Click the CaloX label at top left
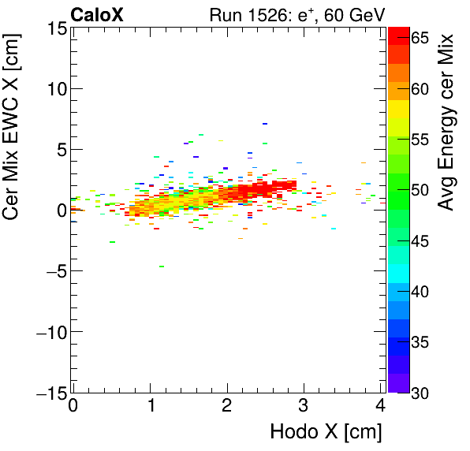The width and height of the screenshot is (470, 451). [97, 14]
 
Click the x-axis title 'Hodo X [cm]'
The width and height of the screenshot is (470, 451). [326, 432]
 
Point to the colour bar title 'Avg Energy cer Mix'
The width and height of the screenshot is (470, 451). [447, 122]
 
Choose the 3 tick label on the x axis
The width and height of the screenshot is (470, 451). [303, 408]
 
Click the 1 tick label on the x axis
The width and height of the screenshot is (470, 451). [150, 408]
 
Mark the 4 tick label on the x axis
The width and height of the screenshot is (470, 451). [380, 408]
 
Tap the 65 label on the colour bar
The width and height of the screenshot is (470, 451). [421, 38]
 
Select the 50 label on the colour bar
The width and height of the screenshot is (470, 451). [421, 190]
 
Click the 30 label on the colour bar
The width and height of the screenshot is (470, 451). [421, 393]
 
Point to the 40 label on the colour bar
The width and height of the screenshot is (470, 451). [421, 292]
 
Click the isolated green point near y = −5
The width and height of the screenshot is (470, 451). [161, 266]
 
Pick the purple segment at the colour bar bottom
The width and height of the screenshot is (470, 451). [398, 386]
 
